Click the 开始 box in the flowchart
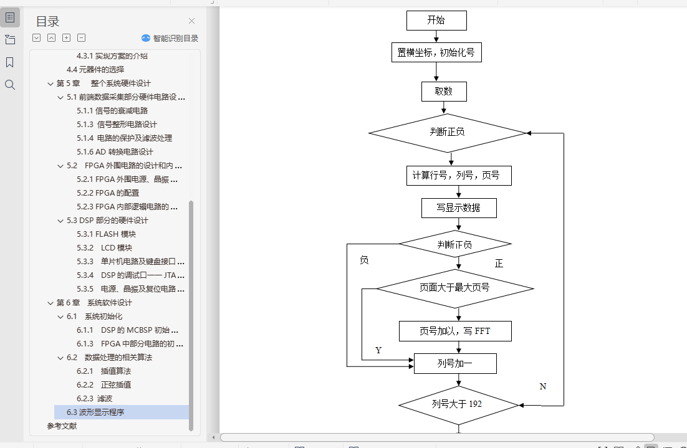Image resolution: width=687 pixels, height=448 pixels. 436,21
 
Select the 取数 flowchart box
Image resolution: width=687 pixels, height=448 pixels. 444,92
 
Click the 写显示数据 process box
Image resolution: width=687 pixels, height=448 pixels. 459,208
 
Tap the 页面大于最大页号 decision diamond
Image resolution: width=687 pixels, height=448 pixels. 454,288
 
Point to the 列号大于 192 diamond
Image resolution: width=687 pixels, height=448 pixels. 458,404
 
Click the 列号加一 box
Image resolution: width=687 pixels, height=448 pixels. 455,363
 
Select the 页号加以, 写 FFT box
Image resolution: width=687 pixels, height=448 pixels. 455,331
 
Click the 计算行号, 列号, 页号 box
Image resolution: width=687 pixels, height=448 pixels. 459,176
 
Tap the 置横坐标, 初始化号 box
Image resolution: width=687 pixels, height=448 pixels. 436,53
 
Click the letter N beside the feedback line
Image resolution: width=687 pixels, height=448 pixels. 543,386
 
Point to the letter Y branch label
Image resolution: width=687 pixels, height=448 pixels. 378,350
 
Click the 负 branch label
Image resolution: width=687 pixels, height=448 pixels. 364,260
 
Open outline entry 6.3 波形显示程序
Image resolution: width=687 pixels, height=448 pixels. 95,412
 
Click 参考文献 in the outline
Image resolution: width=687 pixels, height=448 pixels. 62,426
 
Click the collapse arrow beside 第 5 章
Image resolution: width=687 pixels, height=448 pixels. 50,83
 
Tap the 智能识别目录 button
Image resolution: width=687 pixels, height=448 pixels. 170,38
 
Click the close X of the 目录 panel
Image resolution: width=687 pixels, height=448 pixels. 191,21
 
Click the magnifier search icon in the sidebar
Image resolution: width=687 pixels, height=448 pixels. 10,85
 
